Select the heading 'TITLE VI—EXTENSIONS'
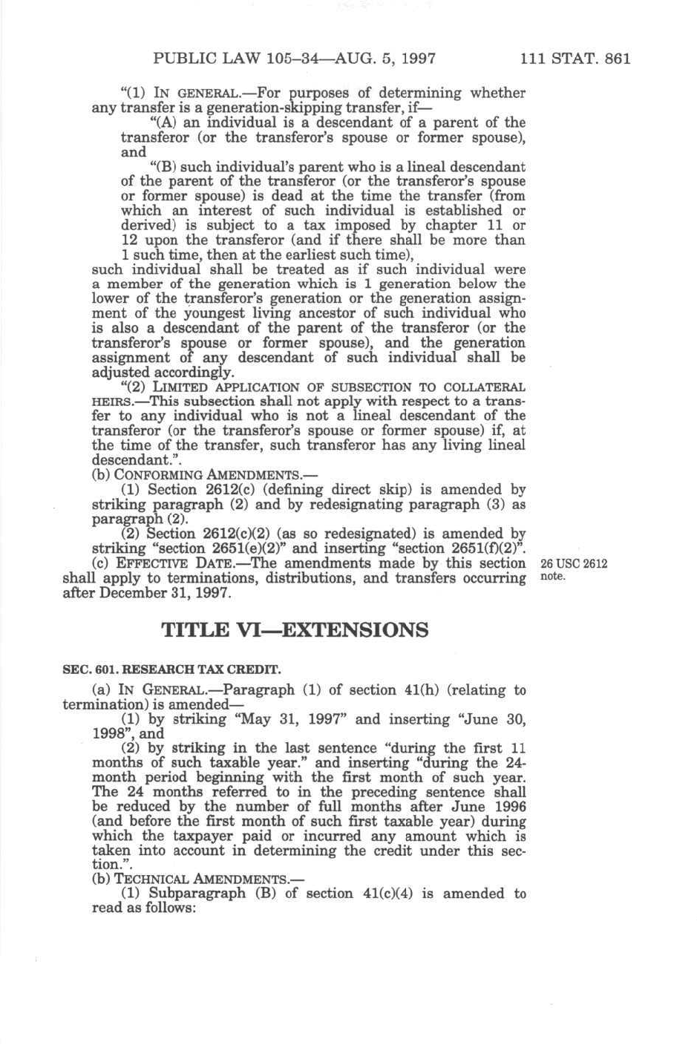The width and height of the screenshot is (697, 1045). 295,631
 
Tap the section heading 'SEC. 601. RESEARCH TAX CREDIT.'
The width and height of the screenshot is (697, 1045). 172,669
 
